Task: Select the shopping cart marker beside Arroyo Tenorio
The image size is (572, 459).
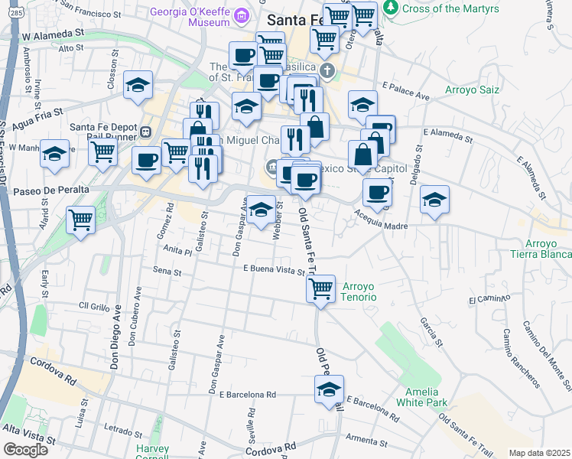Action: pos(320,289)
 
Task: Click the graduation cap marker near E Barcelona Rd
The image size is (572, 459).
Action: pos(329,389)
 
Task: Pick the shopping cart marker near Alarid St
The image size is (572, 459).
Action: pos(80,220)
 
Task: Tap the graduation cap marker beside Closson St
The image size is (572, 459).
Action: pos(138,85)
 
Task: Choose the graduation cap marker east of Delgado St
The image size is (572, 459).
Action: pos(434,200)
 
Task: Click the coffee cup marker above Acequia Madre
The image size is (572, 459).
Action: pos(376,193)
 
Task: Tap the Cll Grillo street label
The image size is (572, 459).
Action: pos(95,305)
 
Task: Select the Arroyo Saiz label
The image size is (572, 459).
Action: pos(473,90)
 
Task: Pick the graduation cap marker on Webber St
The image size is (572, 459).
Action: pos(261,210)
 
